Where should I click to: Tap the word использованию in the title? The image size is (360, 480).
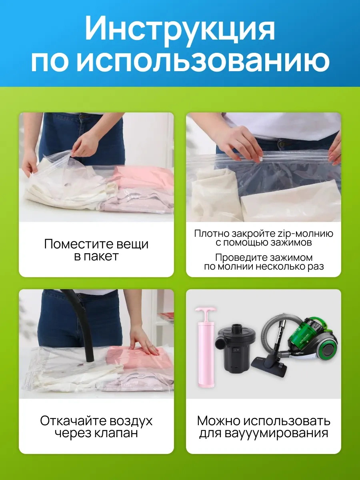click(204, 62)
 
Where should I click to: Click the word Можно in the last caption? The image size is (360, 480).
click(219, 421)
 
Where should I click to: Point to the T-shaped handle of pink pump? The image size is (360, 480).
click(205, 310)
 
